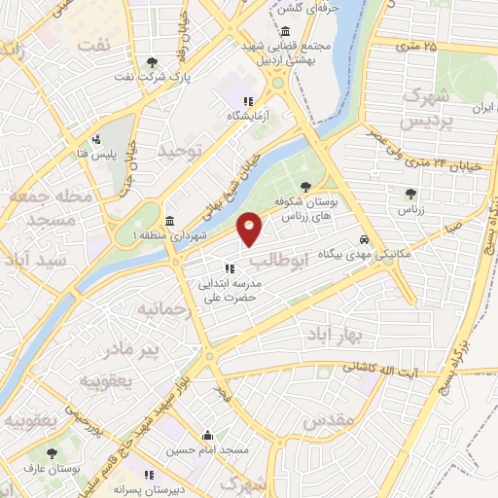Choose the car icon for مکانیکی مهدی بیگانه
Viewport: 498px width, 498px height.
(x=364, y=238)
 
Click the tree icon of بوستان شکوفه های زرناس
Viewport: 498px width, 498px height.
(x=307, y=186)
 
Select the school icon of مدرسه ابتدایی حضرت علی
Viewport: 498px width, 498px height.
(x=229, y=268)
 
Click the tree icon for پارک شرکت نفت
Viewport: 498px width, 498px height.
(x=152, y=63)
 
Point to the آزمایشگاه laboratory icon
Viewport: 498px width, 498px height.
(x=248, y=101)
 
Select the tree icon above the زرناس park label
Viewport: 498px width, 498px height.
(x=410, y=193)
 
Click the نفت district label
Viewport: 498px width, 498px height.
(x=94, y=47)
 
